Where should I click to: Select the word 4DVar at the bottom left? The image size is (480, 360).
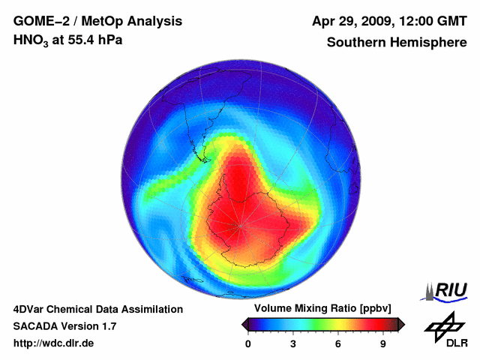pyautogui.click(x=31, y=309)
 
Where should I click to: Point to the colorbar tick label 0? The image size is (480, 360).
pyautogui.click(x=248, y=343)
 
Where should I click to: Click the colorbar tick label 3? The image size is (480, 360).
pyautogui.click(x=293, y=343)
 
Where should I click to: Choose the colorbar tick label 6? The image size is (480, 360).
pyautogui.click(x=338, y=343)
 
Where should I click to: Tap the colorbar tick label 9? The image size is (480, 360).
pyautogui.click(x=383, y=343)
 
